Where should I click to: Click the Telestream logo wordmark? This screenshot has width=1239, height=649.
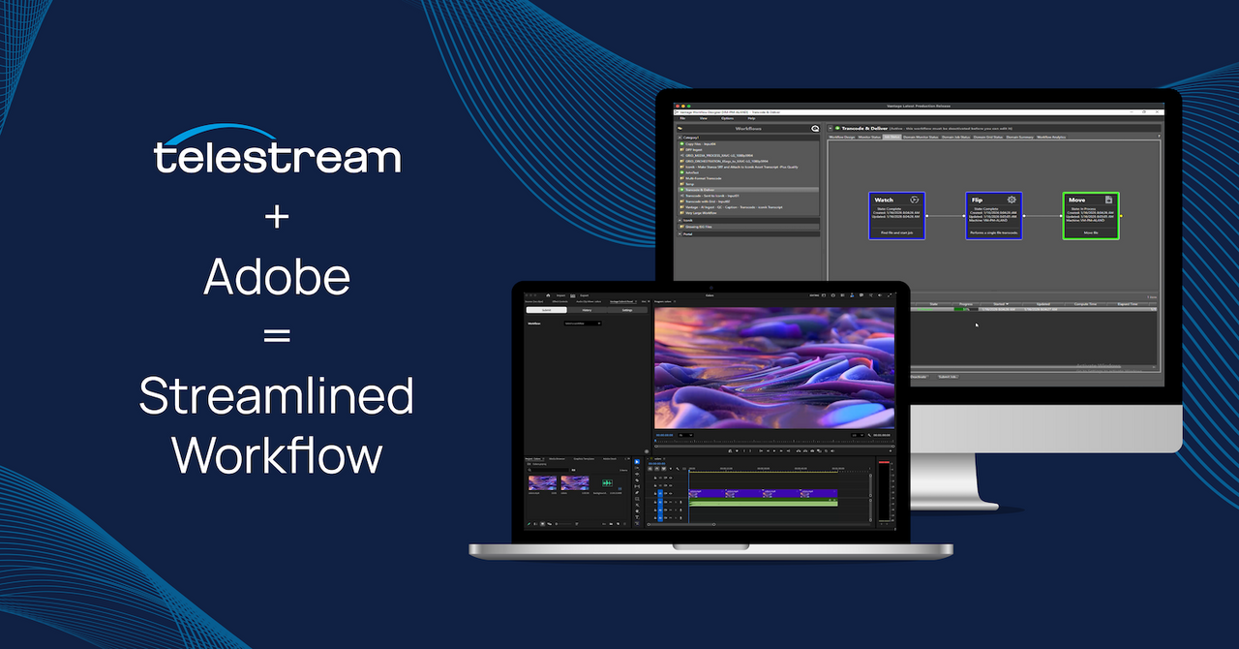pyautogui.click(x=277, y=155)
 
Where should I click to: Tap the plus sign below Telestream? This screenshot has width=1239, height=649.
pyautogui.click(x=277, y=218)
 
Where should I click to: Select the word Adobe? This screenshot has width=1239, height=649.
pyautogui.click(x=277, y=278)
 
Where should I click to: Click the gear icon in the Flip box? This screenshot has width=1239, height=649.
pyautogui.click(x=1012, y=200)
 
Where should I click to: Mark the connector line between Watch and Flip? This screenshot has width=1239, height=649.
pyautogui.click(x=945, y=215)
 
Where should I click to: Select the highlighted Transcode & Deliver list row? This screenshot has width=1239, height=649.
pyautogui.click(x=747, y=190)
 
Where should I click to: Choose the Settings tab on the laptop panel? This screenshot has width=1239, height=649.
pyautogui.click(x=627, y=310)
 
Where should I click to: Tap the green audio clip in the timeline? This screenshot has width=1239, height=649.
pyautogui.click(x=763, y=503)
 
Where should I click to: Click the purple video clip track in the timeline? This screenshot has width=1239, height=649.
pyautogui.click(x=763, y=493)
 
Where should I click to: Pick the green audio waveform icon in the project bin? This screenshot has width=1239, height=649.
pyautogui.click(x=607, y=482)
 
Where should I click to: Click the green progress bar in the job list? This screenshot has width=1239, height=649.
pyautogui.click(x=965, y=309)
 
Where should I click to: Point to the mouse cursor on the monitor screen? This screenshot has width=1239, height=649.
pyautogui.click(x=977, y=324)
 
